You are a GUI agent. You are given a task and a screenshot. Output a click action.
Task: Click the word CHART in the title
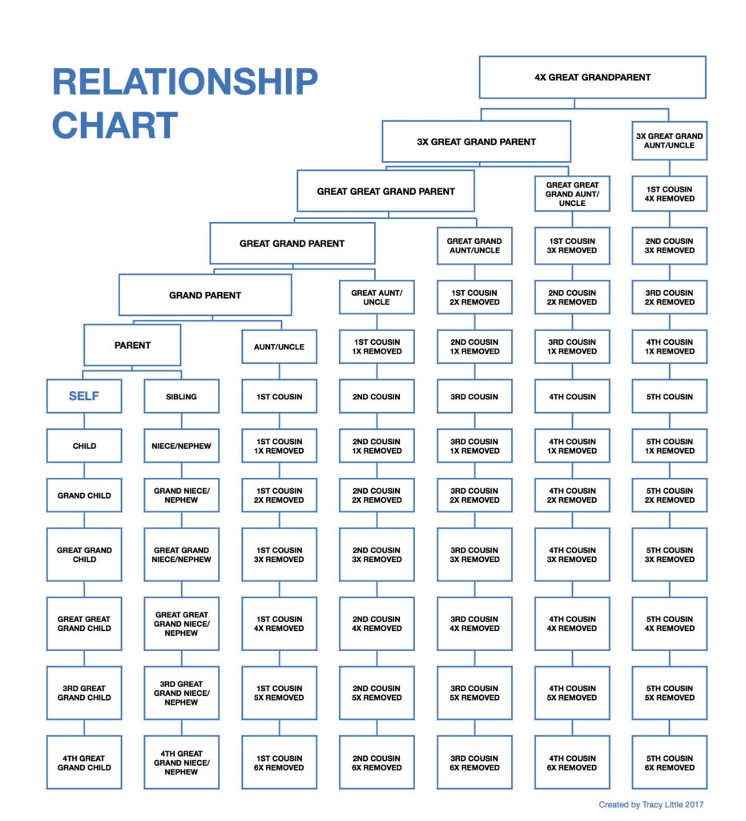pyautogui.click(x=115, y=126)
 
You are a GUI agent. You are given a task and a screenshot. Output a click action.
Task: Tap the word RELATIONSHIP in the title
pyautogui.click(x=184, y=82)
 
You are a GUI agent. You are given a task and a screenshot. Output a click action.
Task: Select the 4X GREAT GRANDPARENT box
pyautogui.click(x=592, y=78)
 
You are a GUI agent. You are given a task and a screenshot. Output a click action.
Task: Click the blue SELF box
pyautogui.click(x=84, y=396)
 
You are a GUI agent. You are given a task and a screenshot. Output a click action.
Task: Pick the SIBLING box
pyautogui.click(x=181, y=396)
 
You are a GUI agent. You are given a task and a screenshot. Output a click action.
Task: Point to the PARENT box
pyautogui.click(x=132, y=346)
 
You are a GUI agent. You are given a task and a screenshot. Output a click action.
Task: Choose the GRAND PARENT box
pyautogui.click(x=205, y=295)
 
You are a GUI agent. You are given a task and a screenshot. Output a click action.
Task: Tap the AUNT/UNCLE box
pyautogui.click(x=280, y=347)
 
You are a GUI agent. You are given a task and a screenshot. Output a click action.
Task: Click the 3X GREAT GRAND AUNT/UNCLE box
pyautogui.click(x=669, y=141)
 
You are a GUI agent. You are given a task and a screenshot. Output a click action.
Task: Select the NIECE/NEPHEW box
pyautogui.click(x=181, y=446)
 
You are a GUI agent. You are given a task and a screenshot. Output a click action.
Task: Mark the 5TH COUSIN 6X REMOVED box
pyautogui.click(x=669, y=762)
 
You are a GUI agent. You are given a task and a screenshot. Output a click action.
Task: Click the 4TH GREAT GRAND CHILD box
pyautogui.click(x=84, y=762)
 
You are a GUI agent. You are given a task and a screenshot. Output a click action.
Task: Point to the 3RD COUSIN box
pyautogui.click(x=474, y=396)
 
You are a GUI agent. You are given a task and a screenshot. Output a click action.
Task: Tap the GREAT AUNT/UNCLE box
pyautogui.click(x=377, y=297)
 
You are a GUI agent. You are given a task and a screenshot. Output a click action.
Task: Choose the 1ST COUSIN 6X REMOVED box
pyautogui.click(x=280, y=762)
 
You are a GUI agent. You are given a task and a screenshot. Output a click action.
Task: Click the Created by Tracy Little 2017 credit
pyautogui.click(x=651, y=804)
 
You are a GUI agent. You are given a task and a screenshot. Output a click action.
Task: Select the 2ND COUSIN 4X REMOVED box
pyautogui.click(x=377, y=624)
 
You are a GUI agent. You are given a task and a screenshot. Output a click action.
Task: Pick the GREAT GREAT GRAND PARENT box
pyautogui.click(x=385, y=192)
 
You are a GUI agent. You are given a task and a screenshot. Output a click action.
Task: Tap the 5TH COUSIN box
pyautogui.click(x=669, y=396)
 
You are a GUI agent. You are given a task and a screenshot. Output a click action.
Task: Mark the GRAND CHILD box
pyautogui.click(x=84, y=495)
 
